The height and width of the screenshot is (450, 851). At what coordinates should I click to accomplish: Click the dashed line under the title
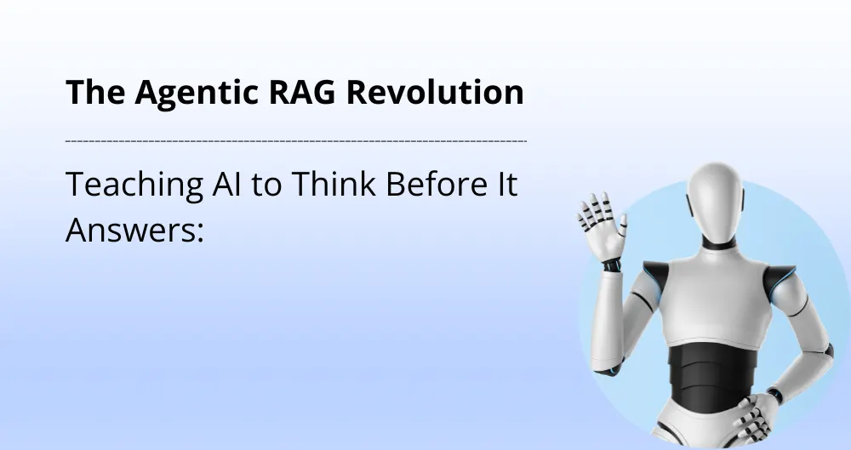click(x=295, y=140)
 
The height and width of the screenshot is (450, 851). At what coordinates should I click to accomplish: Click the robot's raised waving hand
click(x=602, y=223)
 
